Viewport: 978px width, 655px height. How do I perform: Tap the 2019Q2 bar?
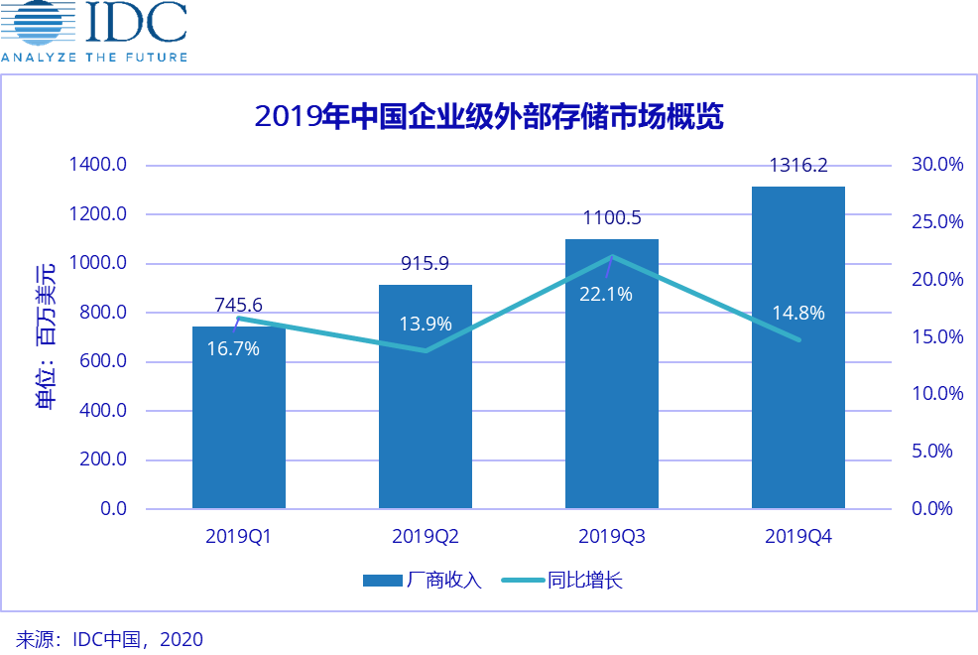[x=426, y=417]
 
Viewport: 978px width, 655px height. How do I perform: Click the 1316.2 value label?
[x=798, y=166]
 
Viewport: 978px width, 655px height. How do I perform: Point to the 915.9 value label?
[x=426, y=264]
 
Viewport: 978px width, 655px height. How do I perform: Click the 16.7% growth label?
[x=233, y=348]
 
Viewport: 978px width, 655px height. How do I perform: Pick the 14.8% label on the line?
[x=798, y=314]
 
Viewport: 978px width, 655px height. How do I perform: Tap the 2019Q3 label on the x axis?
[x=612, y=537]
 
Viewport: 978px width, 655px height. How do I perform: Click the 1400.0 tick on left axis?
[x=97, y=165]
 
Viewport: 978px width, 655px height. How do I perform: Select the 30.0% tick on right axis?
[x=937, y=165]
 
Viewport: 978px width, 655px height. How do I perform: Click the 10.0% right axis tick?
[x=937, y=394]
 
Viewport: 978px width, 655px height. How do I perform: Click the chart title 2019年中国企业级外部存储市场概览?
[x=489, y=116]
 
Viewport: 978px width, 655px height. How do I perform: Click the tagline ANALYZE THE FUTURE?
[x=93, y=58]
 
